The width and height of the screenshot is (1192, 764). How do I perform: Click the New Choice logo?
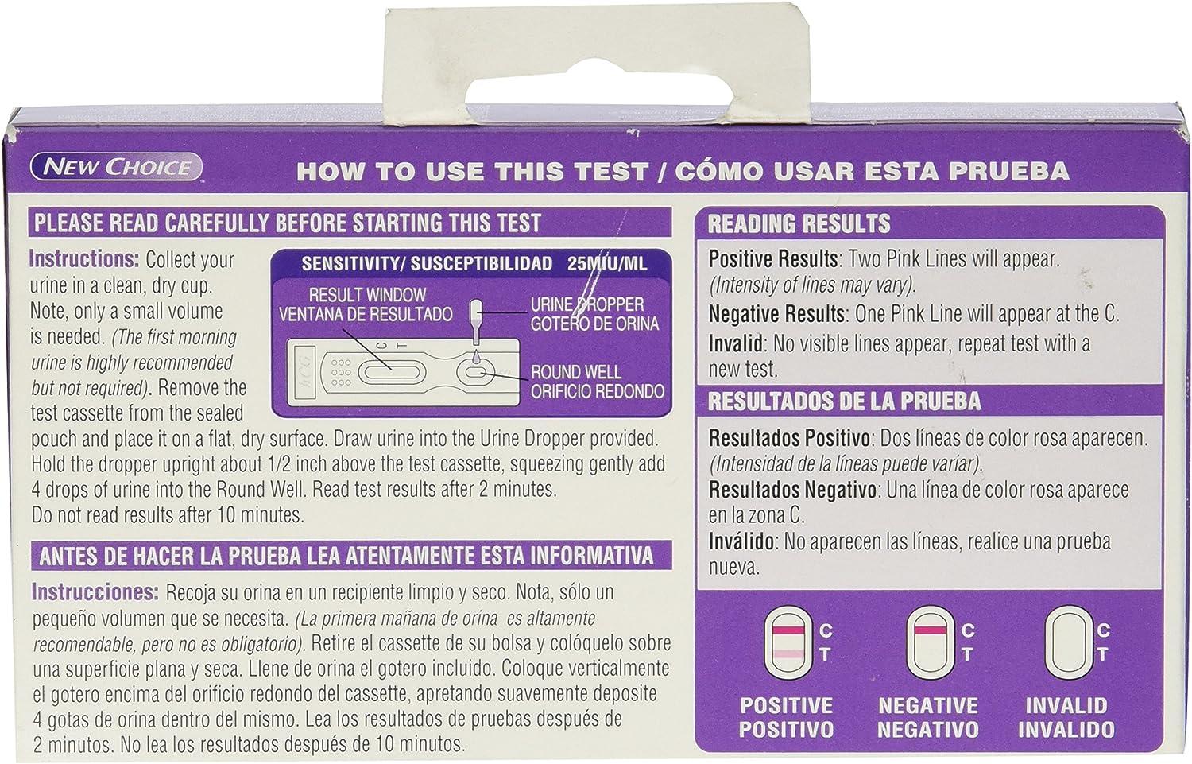pyautogui.click(x=117, y=167)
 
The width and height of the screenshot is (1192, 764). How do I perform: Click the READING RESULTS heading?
pyautogui.click(x=799, y=223)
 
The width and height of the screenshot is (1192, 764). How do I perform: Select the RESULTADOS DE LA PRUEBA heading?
pyautogui.click(x=844, y=401)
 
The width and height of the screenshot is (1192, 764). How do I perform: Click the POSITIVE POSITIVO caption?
pyautogui.click(x=786, y=716)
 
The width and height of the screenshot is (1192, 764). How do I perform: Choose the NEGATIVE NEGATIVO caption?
pyautogui.click(x=927, y=716)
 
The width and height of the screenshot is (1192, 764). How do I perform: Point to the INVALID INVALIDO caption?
pyautogui.click(x=1066, y=716)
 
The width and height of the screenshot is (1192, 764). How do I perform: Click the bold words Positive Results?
pyautogui.click(x=773, y=258)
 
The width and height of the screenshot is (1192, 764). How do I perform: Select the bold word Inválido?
pyautogui.click(x=741, y=541)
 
